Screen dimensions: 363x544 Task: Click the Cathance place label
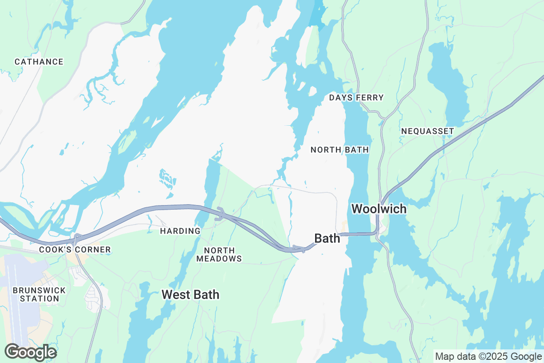pyautogui.click(x=39, y=62)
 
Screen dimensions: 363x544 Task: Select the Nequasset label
pyautogui.click(x=427, y=131)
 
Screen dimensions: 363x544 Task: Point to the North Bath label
pyautogui.click(x=340, y=150)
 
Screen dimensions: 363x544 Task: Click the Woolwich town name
pyautogui.click(x=379, y=209)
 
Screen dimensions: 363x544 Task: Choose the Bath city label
pyautogui.click(x=327, y=238)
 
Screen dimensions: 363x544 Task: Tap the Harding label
pyautogui.click(x=180, y=231)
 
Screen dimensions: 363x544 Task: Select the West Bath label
pyautogui.click(x=190, y=294)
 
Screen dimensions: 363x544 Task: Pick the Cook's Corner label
pyautogui.click(x=75, y=250)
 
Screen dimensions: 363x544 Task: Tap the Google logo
pyautogui.click(x=30, y=352)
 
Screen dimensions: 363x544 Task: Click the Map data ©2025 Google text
pyautogui.click(x=488, y=356)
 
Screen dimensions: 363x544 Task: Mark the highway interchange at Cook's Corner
pyautogui.click(x=77, y=237)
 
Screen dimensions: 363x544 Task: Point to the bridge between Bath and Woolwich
pyautogui.click(x=360, y=234)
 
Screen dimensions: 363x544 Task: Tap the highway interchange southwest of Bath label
pyautogui.click(x=297, y=248)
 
